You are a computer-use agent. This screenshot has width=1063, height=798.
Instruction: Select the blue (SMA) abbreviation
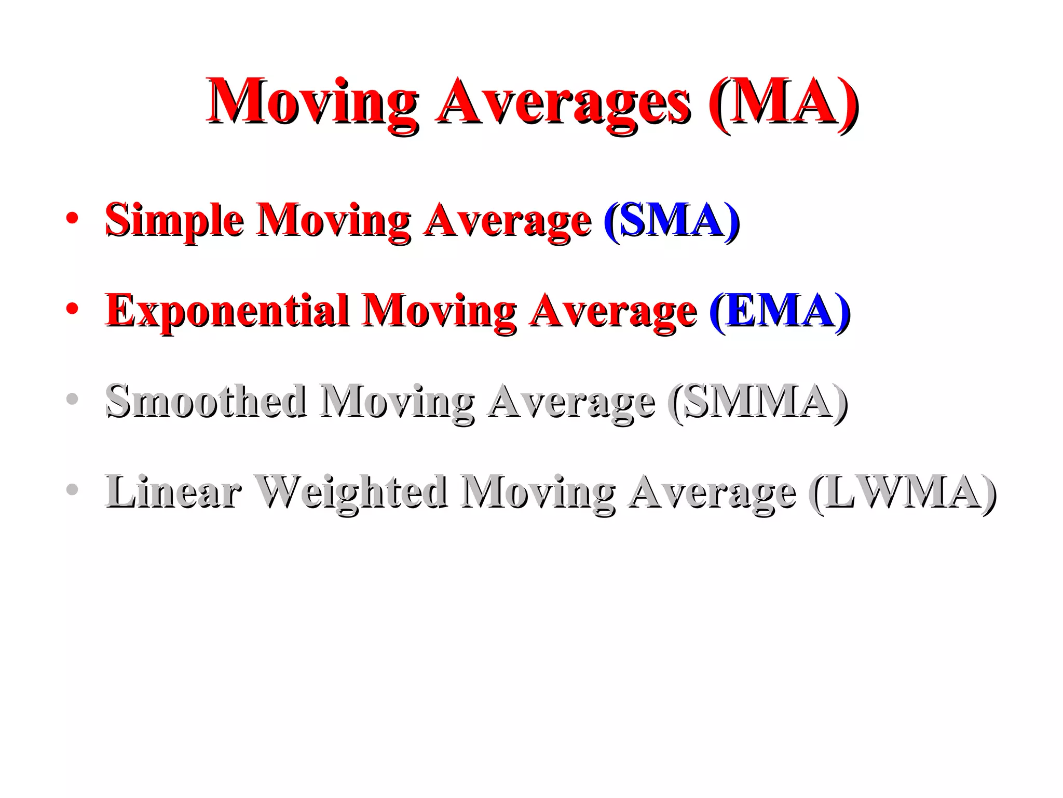(x=672, y=220)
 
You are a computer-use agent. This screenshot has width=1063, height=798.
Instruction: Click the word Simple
(x=174, y=220)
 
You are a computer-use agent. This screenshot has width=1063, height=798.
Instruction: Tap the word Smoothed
(x=206, y=401)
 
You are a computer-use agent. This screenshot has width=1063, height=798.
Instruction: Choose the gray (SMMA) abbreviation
(x=758, y=401)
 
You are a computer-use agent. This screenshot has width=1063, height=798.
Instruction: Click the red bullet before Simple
(x=72, y=218)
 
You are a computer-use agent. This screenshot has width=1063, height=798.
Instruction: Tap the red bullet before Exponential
(x=72, y=309)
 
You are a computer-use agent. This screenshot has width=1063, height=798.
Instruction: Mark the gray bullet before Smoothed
(x=72, y=399)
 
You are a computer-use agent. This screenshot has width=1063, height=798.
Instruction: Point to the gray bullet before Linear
(x=72, y=489)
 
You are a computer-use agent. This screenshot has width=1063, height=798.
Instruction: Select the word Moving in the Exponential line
(x=440, y=312)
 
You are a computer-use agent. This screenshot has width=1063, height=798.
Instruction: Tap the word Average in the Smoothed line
(x=571, y=402)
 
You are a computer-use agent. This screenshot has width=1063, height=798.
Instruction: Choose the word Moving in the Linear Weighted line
(x=538, y=493)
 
